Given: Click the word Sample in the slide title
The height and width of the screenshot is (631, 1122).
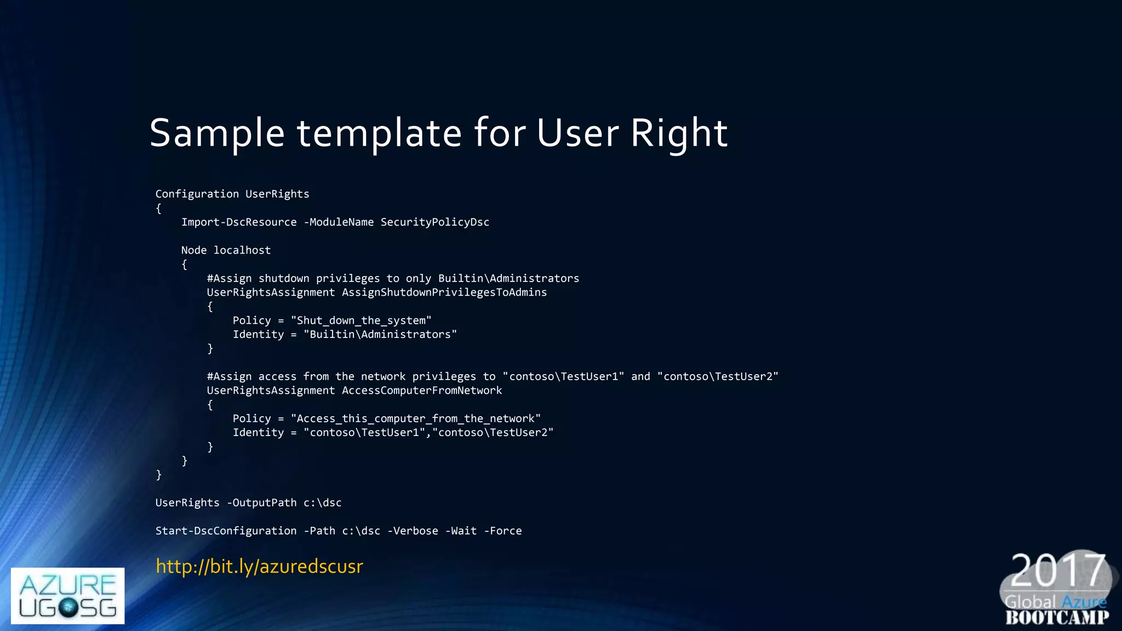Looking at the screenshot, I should (217, 133).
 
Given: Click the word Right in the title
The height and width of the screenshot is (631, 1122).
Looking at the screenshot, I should (679, 133).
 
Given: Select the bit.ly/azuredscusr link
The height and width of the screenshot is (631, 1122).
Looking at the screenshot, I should (259, 566).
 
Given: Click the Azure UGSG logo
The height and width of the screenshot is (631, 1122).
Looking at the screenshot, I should (67, 595).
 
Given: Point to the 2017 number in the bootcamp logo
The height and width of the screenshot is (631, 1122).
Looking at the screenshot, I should (1057, 570).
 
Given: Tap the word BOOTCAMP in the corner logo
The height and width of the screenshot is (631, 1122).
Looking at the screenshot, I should (1057, 617).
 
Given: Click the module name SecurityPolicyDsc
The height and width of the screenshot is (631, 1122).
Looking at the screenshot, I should (435, 222).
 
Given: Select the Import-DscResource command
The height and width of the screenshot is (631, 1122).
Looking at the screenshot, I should (239, 222).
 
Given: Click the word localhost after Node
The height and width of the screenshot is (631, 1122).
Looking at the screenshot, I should (242, 250).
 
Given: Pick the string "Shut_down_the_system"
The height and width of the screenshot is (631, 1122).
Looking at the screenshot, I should (361, 320).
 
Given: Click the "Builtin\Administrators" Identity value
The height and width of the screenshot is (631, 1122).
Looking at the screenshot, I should (380, 334).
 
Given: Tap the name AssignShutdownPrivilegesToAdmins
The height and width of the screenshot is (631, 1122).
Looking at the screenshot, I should (444, 292).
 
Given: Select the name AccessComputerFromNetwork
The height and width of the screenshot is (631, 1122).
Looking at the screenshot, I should (422, 391).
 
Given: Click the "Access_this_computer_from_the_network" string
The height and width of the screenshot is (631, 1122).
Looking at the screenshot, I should (416, 418).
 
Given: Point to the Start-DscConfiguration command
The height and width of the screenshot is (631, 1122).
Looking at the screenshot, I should (226, 531).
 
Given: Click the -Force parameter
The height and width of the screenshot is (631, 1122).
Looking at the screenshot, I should (503, 531).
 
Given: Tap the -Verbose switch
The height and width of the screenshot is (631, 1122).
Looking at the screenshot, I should (413, 531).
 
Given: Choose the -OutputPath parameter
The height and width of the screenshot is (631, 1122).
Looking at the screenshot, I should (261, 503).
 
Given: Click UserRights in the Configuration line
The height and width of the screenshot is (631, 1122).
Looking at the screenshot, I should (277, 194).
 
